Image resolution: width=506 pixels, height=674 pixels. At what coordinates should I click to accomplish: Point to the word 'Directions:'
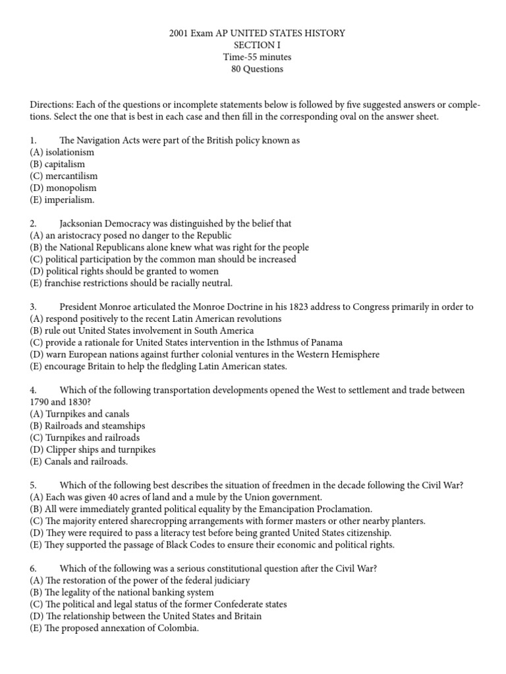point(52,105)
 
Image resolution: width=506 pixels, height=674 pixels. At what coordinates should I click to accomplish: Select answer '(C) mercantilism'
point(64,176)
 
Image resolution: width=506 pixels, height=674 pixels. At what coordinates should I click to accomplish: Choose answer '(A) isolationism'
point(62,152)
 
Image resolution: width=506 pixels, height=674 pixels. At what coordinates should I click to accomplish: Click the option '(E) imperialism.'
point(63,199)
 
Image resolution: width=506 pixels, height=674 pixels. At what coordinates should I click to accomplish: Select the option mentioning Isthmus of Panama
point(186,342)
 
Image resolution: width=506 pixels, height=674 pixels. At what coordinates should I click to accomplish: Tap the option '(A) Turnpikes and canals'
point(80,414)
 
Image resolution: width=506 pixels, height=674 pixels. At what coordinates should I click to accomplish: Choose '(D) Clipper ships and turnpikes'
point(93,450)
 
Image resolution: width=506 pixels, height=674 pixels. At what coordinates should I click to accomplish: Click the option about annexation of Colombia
point(114,628)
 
